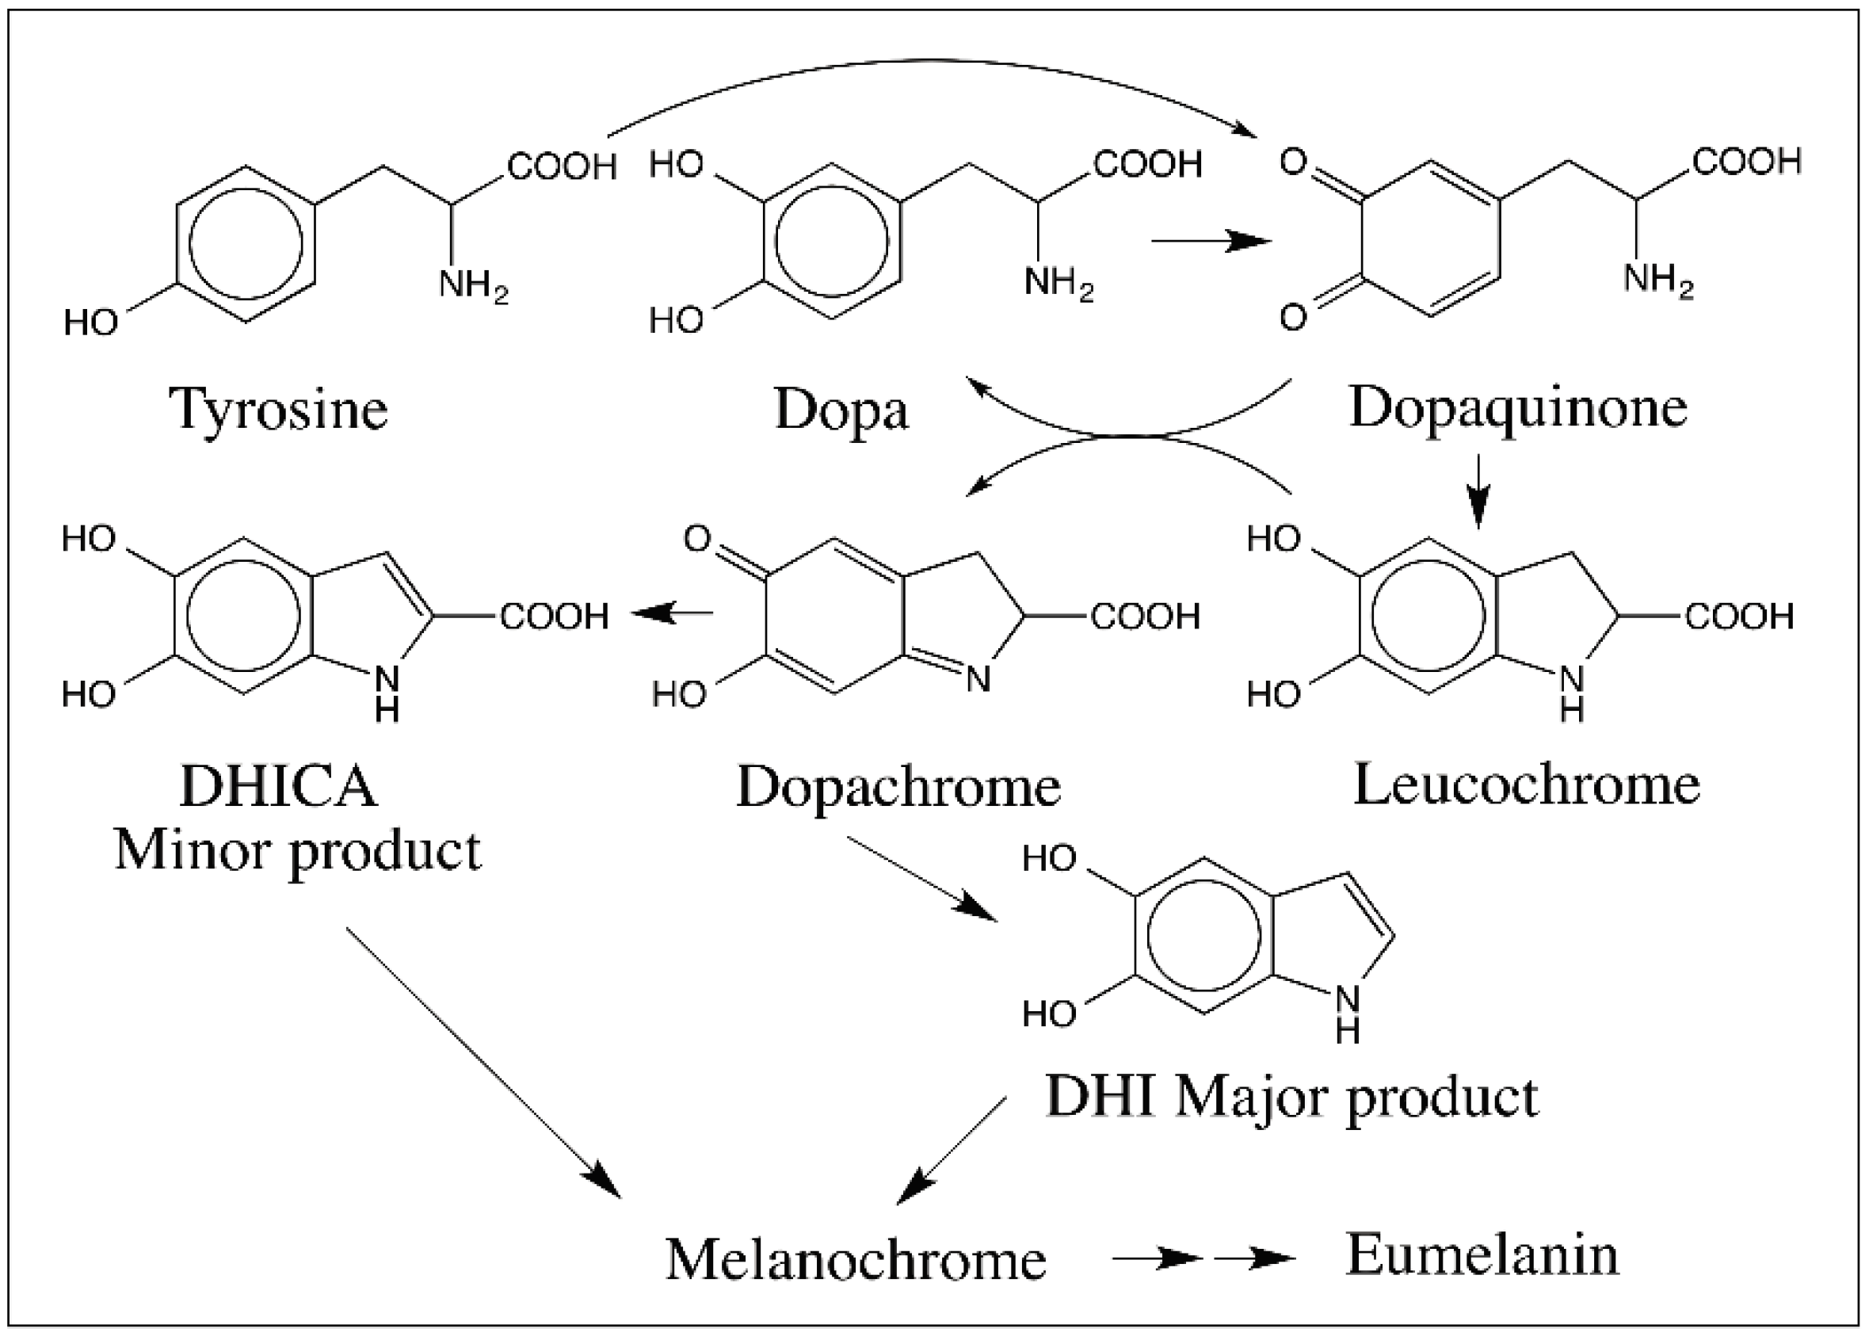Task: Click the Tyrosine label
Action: tap(279, 410)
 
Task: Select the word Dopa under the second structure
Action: tap(841, 410)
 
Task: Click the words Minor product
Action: tap(296, 849)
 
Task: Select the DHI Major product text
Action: tap(1291, 1097)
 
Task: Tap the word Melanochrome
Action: tap(856, 1259)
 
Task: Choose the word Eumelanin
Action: tap(1482, 1254)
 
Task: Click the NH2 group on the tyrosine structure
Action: tap(473, 285)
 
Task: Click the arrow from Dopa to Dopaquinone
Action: tap(1211, 242)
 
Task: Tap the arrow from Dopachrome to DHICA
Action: tap(673, 613)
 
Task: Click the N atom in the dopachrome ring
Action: tap(978, 679)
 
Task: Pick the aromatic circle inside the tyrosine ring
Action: tap(246, 244)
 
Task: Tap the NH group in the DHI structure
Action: tap(1347, 1012)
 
